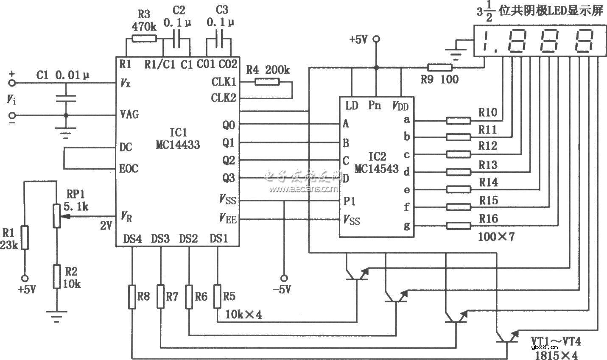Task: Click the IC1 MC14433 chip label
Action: point(177,139)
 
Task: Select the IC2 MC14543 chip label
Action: point(376,162)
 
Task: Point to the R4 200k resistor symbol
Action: point(267,82)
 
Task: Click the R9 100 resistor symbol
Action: point(440,67)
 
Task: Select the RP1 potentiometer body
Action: point(56,216)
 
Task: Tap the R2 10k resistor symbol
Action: point(56,276)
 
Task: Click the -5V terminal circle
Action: point(285,278)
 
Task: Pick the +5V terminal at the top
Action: point(376,39)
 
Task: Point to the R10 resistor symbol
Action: point(458,121)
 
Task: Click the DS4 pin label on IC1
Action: point(132,239)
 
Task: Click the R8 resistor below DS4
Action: point(132,296)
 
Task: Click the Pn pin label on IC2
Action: point(374,105)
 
